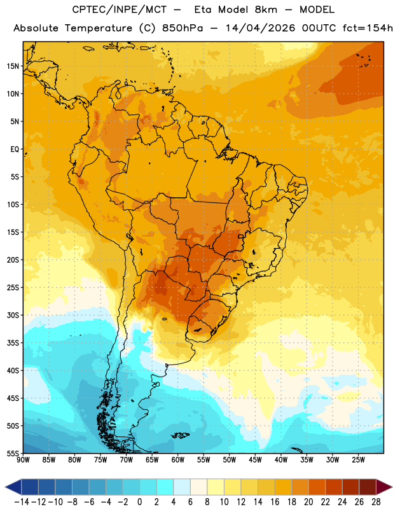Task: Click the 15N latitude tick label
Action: [13, 66]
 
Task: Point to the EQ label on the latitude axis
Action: [15, 150]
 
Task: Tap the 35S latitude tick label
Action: [13, 343]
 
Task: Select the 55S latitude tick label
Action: [13, 453]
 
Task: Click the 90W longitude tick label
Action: [23, 459]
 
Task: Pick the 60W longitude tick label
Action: [178, 459]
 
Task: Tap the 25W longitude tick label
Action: [358, 459]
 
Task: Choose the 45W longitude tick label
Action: [255, 459]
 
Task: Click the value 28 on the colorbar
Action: [376, 502]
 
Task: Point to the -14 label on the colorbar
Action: [22, 502]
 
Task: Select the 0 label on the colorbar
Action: [140, 502]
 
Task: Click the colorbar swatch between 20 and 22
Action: [317, 487]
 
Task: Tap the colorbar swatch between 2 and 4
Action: [165, 487]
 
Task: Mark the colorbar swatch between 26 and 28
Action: [368, 487]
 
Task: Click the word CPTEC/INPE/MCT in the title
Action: [120, 10]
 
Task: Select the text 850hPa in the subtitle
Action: [183, 28]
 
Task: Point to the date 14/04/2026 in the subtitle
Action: [260, 28]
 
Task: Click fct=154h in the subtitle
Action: [368, 28]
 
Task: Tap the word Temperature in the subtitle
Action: [99, 28]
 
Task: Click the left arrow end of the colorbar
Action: [13, 487]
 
